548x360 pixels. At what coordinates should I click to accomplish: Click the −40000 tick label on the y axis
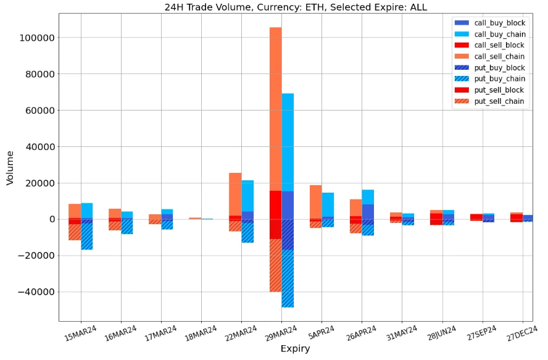point(35,292)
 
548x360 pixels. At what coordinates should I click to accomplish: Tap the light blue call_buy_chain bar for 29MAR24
point(288,142)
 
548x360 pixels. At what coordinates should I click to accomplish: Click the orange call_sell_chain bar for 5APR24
point(315,201)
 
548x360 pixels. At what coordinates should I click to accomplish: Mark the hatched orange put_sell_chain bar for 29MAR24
point(275,266)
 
